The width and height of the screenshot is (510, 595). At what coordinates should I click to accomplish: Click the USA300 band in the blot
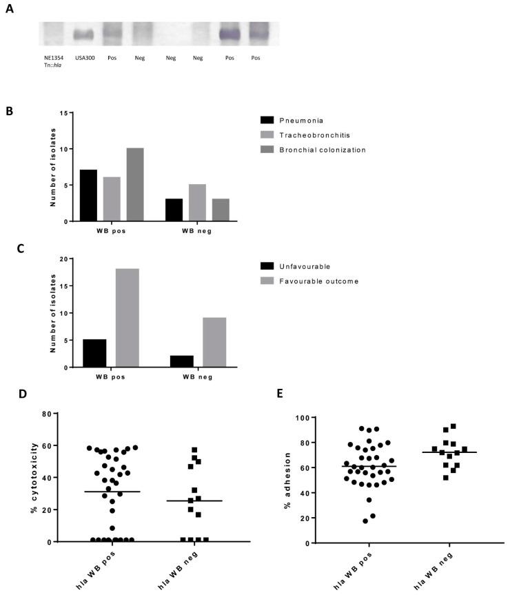pos(83,35)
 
